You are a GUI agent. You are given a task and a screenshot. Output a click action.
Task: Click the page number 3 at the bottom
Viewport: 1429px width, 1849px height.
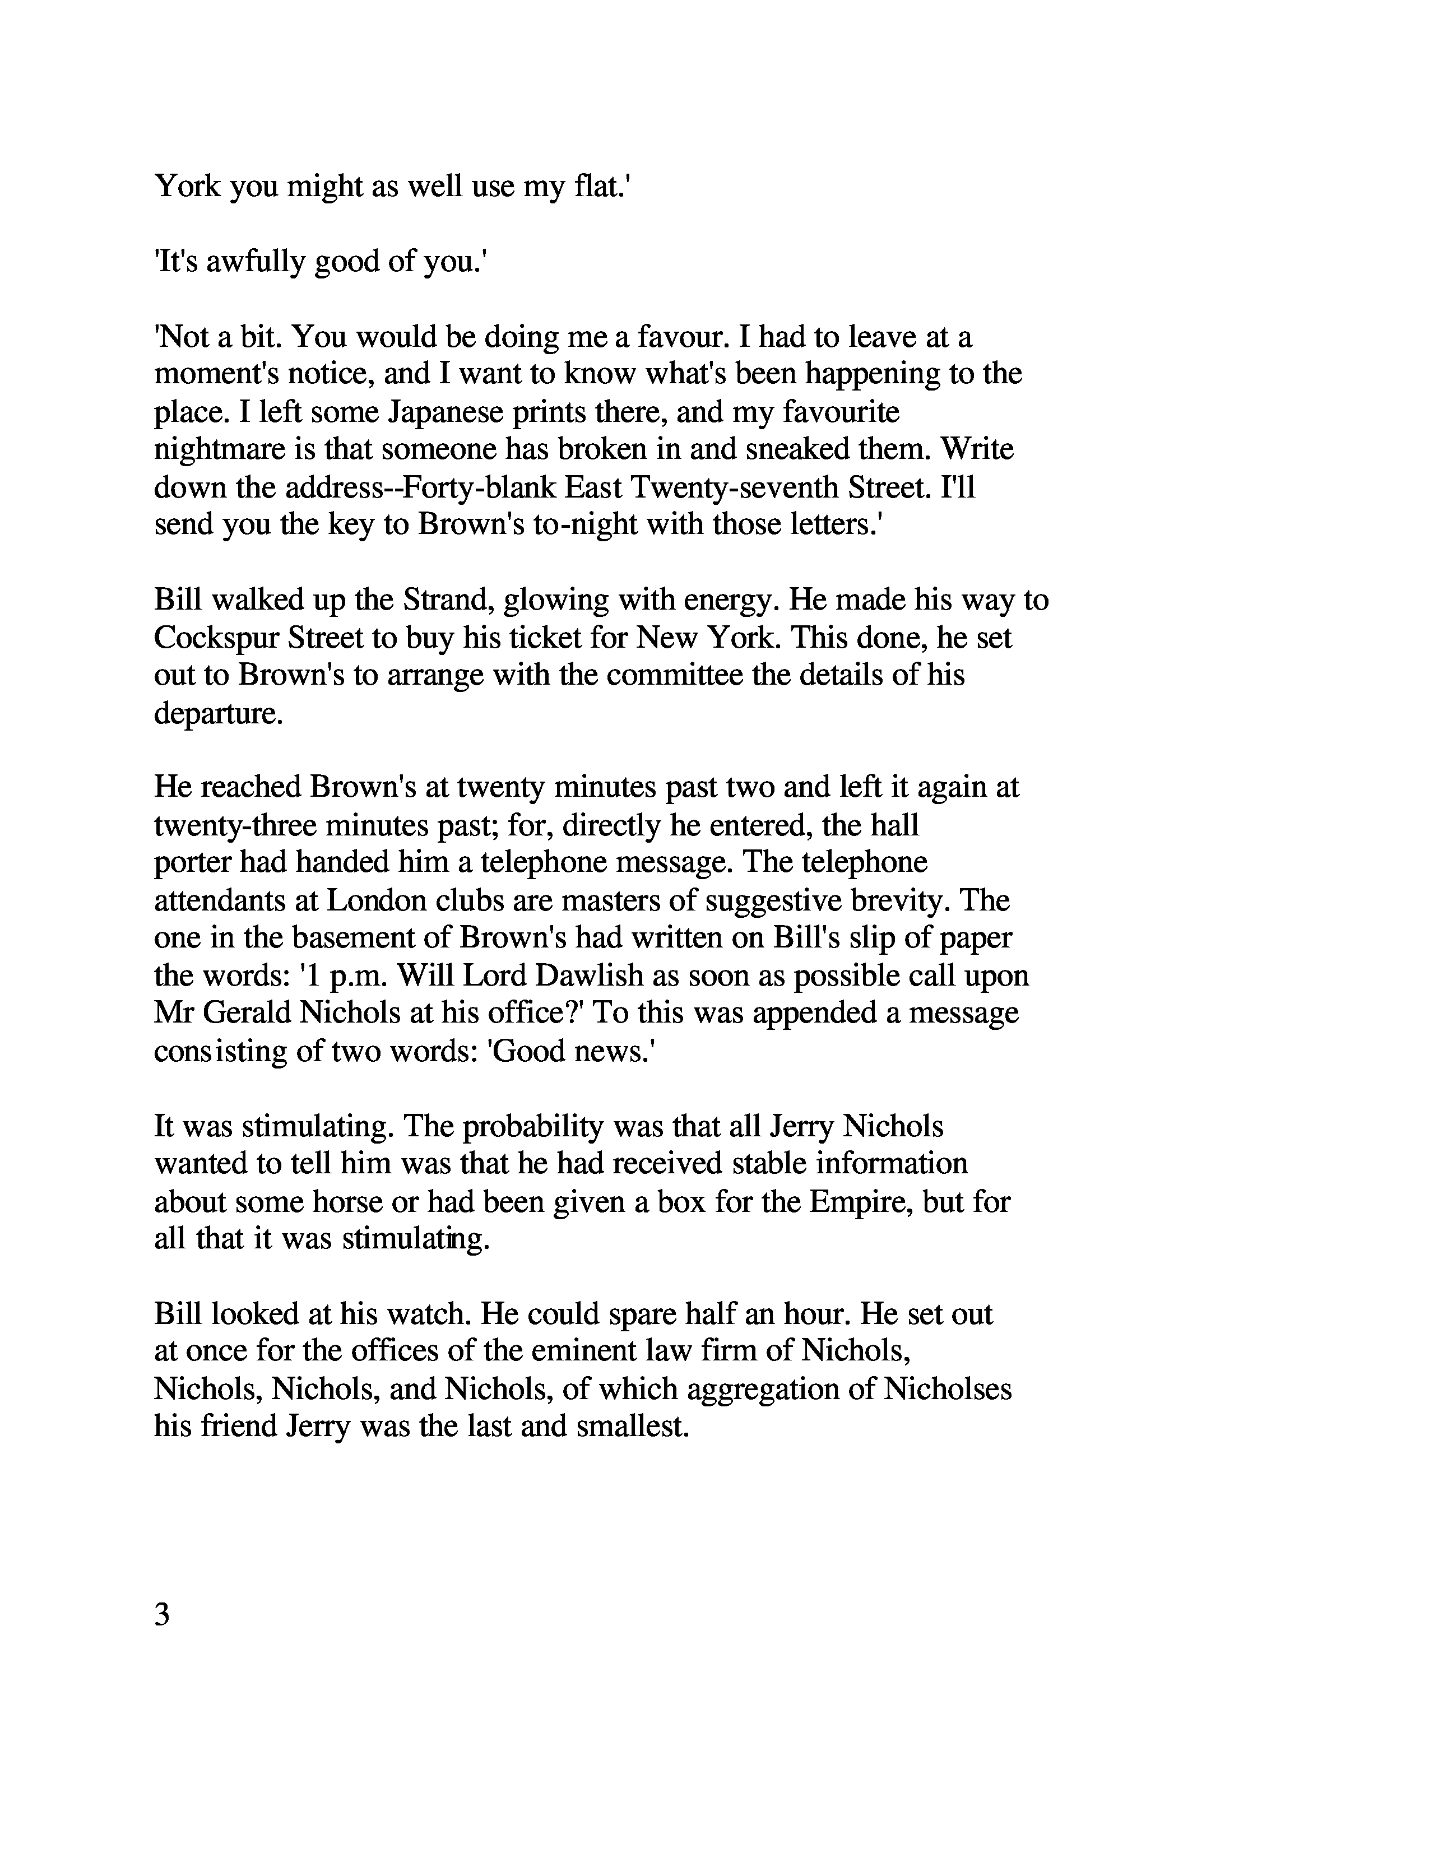tap(163, 1615)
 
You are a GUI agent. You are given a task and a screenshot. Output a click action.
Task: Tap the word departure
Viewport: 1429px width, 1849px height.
tap(217, 713)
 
